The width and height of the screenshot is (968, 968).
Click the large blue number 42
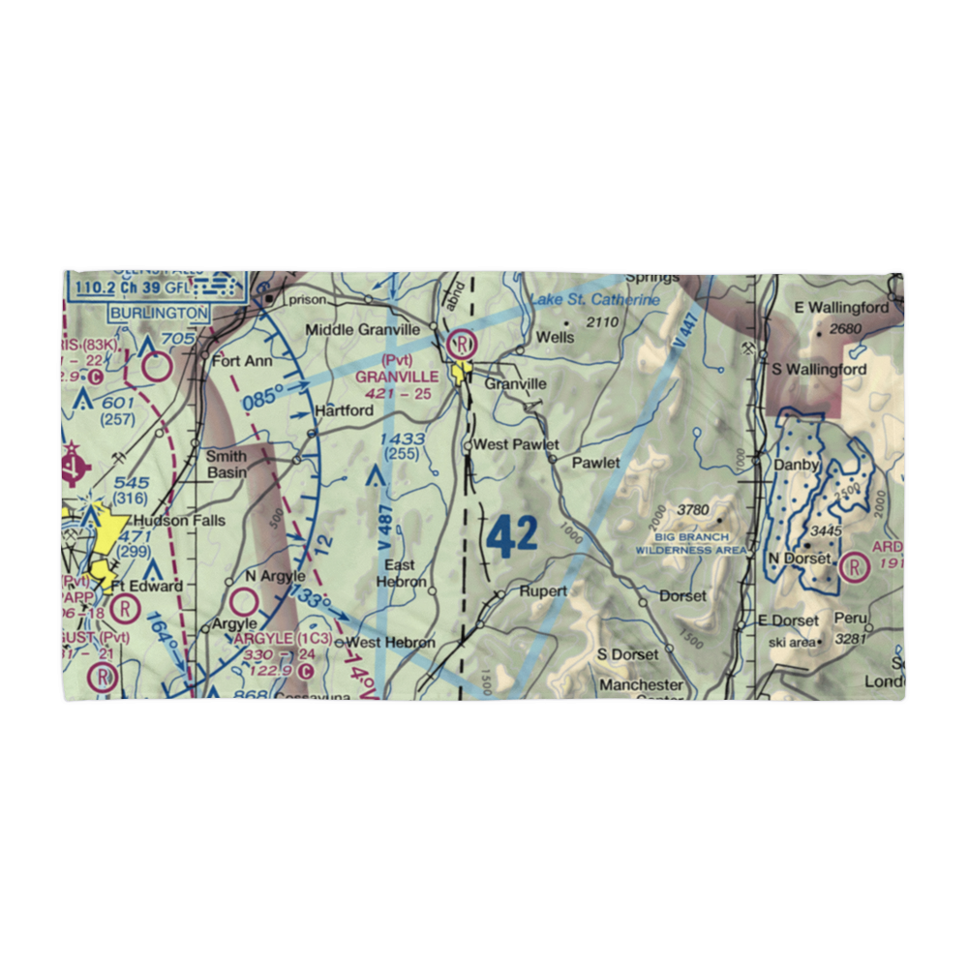[x=511, y=534]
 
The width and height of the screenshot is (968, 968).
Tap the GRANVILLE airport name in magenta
[x=398, y=376]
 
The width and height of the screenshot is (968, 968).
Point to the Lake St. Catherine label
[x=594, y=300]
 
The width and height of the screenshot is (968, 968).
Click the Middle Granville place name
[x=363, y=330]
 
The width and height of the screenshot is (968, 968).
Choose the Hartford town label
[x=344, y=410]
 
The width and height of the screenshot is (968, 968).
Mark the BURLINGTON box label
[x=158, y=313]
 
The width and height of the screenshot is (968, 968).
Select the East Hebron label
[x=400, y=573]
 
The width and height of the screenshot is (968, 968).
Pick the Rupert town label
[x=543, y=590]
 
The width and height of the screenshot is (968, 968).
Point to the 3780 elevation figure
[x=693, y=510]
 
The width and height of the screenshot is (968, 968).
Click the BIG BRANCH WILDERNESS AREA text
[x=691, y=543]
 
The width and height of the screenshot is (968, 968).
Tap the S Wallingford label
[x=818, y=369]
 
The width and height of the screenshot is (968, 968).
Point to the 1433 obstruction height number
[x=403, y=439]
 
